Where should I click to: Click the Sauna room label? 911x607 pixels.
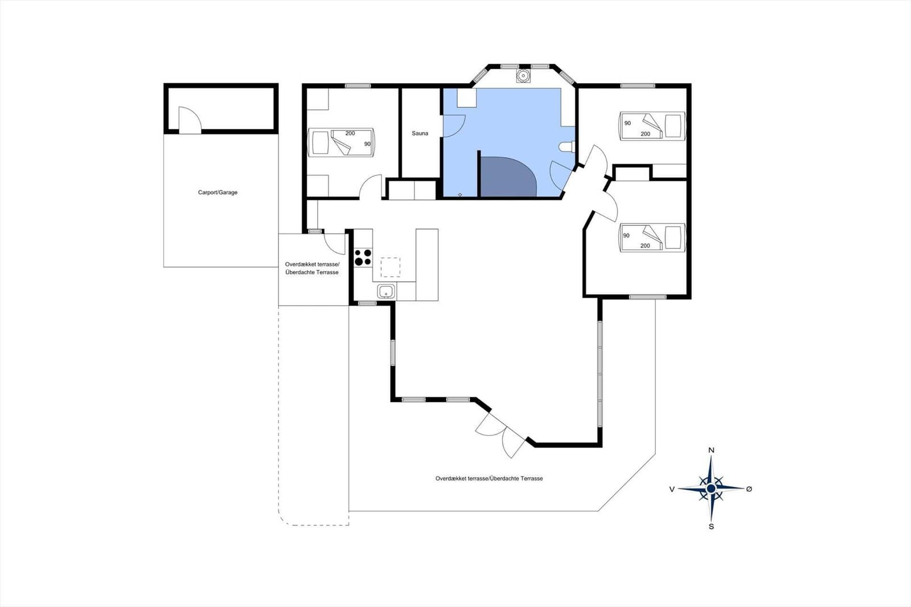click(420, 133)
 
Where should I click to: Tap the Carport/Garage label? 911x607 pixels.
click(218, 192)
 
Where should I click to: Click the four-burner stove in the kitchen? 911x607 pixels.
click(363, 257)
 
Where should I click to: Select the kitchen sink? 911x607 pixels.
click(385, 292)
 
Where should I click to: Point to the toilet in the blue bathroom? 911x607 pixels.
click(567, 146)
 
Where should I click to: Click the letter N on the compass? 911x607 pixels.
click(711, 450)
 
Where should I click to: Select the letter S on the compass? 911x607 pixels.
click(711, 527)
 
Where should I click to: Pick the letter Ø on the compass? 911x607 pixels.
click(749, 489)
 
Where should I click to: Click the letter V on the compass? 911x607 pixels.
click(672, 489)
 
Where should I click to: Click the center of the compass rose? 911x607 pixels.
click(711, 488)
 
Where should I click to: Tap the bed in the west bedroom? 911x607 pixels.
click(341, 142)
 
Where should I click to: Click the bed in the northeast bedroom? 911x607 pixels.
click(652, 126)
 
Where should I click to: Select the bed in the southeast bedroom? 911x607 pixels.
click(652, 237)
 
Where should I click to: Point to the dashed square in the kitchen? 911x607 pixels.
click(391, 267)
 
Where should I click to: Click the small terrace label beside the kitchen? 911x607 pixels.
click(312, 268)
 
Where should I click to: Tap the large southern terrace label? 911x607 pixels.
click(489, 478)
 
